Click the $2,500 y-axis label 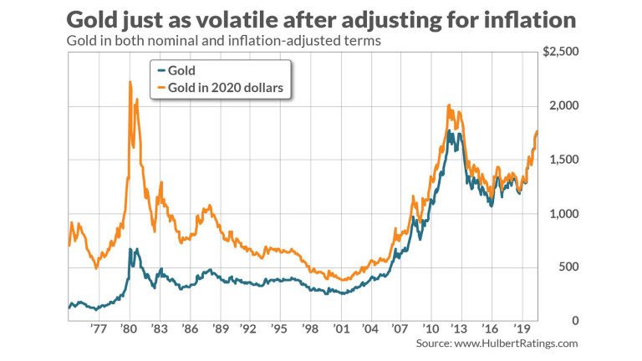pyautogui.click(x=560, y=52)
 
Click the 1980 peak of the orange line pyautogui.click(x=130, y=82)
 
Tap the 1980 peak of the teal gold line pyautogui.click(x=131, y=249)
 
